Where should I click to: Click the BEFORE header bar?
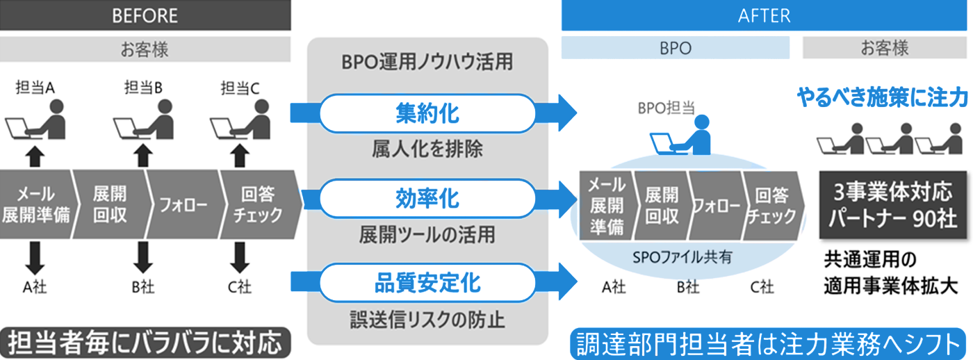pos(145,15)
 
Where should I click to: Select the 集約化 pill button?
pos(427,113)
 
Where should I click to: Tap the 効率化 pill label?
pos(427,198)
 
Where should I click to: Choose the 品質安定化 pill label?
pos(427,284)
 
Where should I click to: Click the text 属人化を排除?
pos(427,148)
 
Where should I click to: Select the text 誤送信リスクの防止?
pos(427,320)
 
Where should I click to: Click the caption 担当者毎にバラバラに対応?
pos(145,343)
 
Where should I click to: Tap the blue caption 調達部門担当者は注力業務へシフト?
pos(767,343)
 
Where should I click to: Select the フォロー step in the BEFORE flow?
pos(182,206)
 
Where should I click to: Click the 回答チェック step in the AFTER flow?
pos(771,206)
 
